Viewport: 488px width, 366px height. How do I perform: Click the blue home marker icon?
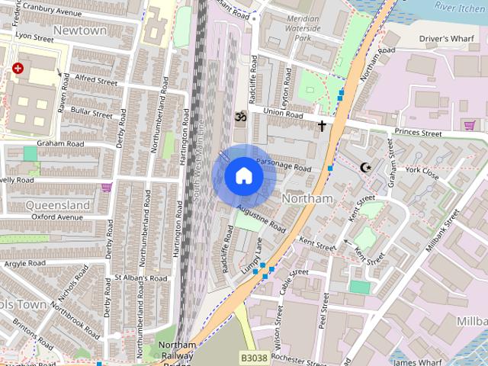click(x=244, y=176)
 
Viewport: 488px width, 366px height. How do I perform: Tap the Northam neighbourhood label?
click(x=308, y=198)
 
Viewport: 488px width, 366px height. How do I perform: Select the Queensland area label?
click(x=58, y=204)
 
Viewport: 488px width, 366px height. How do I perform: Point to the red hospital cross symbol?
click(x=17, y=69)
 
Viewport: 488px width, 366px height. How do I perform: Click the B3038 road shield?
click(x=254, y=357)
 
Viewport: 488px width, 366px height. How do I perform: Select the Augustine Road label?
click(x=261, y=218)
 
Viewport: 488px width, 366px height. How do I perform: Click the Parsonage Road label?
click(x=284, y=164)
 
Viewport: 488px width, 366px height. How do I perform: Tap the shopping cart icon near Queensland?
click(x=107, y=187)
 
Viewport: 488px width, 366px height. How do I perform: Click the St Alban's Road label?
click(x=140, y=279)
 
